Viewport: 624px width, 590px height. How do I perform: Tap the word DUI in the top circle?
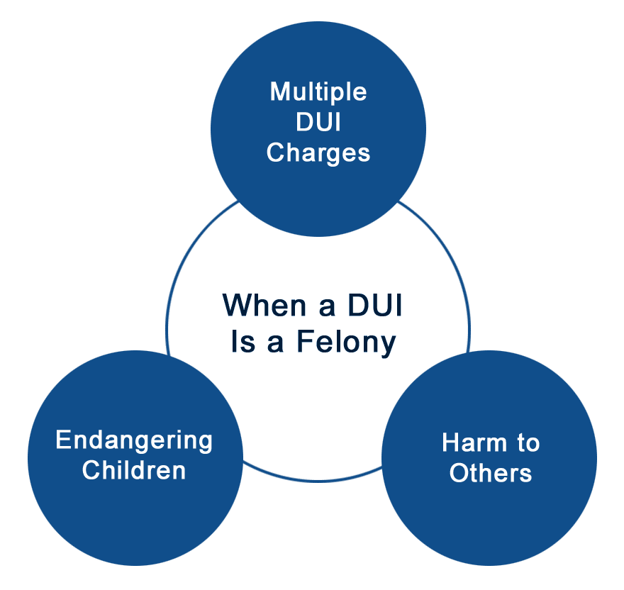(318, 122)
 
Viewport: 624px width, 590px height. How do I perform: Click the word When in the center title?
(264, 306)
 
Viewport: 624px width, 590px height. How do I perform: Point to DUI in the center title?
(375, 306)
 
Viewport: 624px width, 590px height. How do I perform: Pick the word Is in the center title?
(243, 342)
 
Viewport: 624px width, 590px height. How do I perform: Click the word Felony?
(346, 343)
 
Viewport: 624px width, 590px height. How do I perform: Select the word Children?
(134, 470)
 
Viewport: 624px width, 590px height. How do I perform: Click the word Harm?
(474, 442)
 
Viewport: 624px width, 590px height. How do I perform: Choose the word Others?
(491, 473)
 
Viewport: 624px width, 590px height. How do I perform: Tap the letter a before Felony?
(275, 344)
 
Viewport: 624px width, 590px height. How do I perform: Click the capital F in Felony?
(305, 341)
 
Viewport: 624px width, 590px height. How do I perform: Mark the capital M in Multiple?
(280, 91)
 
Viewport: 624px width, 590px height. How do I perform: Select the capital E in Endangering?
(64, 440)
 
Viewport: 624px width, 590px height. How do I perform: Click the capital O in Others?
(460, 473)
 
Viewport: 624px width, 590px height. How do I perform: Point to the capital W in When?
(239, 305)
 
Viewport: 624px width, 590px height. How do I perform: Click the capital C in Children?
(92, 470)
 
